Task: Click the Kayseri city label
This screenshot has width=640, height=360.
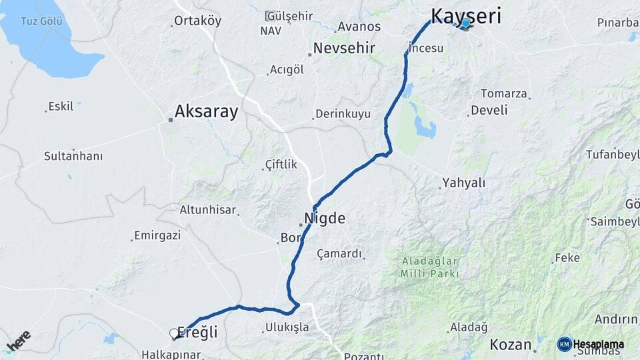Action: tap(466, 15)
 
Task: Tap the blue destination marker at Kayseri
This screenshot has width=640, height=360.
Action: tap(465, 23)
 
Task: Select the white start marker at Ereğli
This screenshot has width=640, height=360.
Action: tap(174, 333)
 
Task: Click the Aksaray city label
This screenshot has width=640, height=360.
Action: tap(206, 111)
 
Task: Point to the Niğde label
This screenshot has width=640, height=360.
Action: tap(325, 218)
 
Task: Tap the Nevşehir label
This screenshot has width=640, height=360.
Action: tap(344, 48)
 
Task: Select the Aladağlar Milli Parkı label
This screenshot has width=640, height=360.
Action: tap(431, 267)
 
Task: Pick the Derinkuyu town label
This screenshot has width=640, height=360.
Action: tap(343, 114)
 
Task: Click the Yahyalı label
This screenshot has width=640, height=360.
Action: tap(463, 183)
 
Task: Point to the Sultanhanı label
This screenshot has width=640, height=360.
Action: tap(73, 156)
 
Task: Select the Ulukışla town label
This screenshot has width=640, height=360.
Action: tap(287, 327)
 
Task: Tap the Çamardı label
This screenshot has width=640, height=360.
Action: tap(339, 253)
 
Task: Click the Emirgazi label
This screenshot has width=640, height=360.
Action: tap(157, 235)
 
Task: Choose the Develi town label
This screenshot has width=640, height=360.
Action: tap(489, 110)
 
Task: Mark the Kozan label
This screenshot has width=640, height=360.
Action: tap(510, 345)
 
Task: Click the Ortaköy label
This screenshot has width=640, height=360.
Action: tap(197, 21)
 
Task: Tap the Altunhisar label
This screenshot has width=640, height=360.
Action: tap(208, 210)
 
